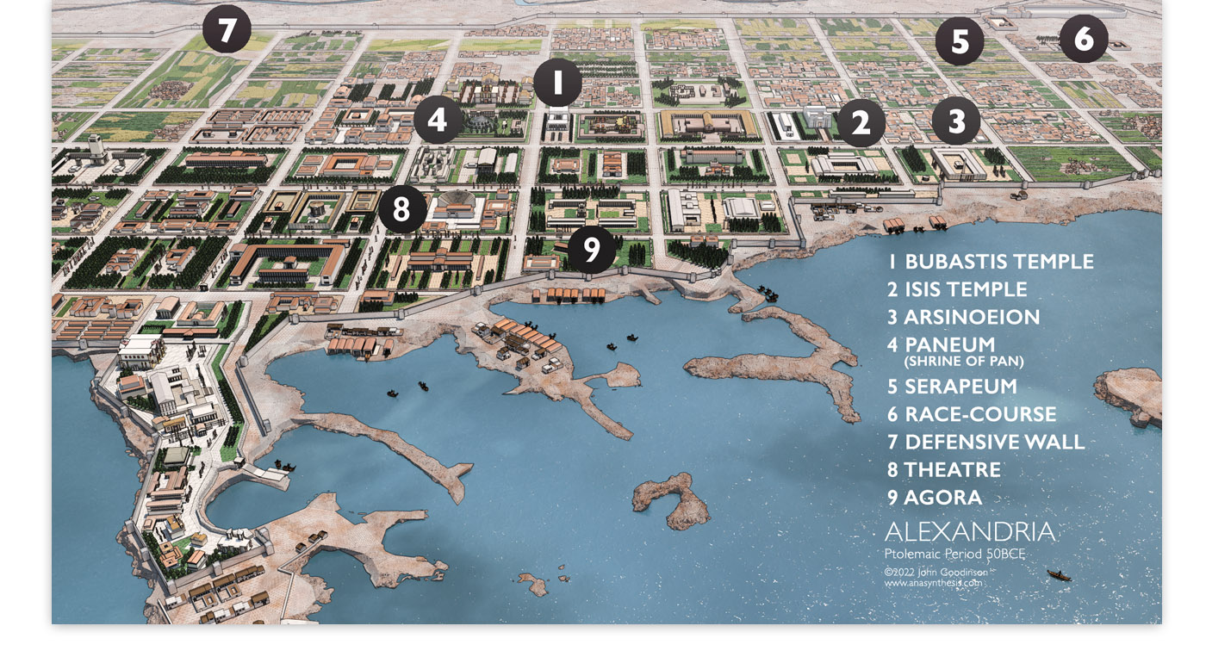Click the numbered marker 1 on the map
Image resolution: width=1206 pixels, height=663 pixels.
[557, 83]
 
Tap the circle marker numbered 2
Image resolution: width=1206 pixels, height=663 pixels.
[861, 123]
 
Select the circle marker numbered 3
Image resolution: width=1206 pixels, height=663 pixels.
[956, 121]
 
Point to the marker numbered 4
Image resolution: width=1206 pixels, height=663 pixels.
[438, 120]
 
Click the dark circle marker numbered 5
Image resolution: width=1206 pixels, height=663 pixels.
[960, 41]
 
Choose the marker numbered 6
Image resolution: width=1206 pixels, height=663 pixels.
[1083, 39]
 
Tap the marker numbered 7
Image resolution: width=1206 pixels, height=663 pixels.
[227, 30]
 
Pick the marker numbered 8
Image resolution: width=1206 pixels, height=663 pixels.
[401, 209]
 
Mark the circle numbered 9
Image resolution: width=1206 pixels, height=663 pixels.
[591, 250]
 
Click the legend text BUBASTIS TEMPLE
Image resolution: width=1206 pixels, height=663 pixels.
[999, 262]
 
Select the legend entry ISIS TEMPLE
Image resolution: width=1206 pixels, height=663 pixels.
[966, 289]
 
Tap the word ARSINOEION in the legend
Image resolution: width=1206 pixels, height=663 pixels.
[972, 317]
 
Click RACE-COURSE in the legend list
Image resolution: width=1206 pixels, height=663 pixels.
[980, 414]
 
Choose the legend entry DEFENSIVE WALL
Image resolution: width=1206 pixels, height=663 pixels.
[994, 443]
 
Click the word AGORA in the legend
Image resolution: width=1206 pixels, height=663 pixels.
[942, 498]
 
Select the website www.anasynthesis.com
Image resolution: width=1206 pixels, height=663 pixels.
[933, 583]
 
